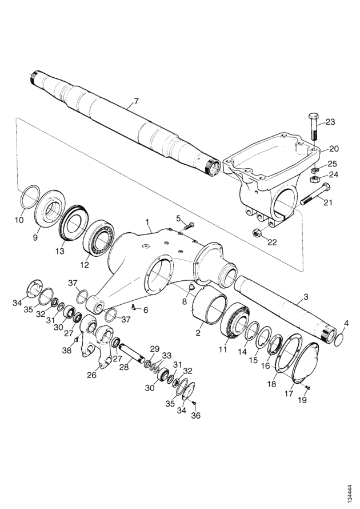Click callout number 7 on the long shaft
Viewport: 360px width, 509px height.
pyautogui.click(x=136, y=101)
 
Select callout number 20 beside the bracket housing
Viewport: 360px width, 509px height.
pyautogui.click(x=334, y=149)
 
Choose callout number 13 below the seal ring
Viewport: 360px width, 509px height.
pyautogui.click(x=59, y=251)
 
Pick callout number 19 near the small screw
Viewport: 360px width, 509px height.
pyautogui.click(x=302, y=400)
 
